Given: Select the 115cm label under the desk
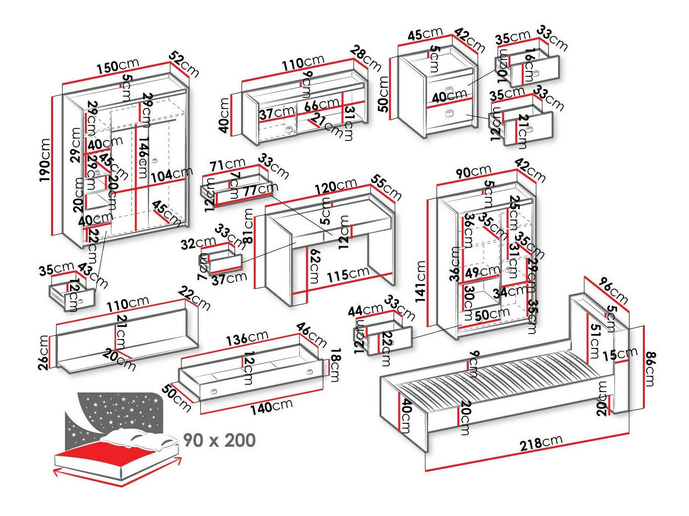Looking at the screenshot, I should (x=347, y=274).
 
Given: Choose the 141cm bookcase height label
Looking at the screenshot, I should (x=422, y=282).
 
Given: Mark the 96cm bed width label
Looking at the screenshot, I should (x=613, y=290).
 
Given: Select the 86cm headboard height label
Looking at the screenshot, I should (x=650, y=368).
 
